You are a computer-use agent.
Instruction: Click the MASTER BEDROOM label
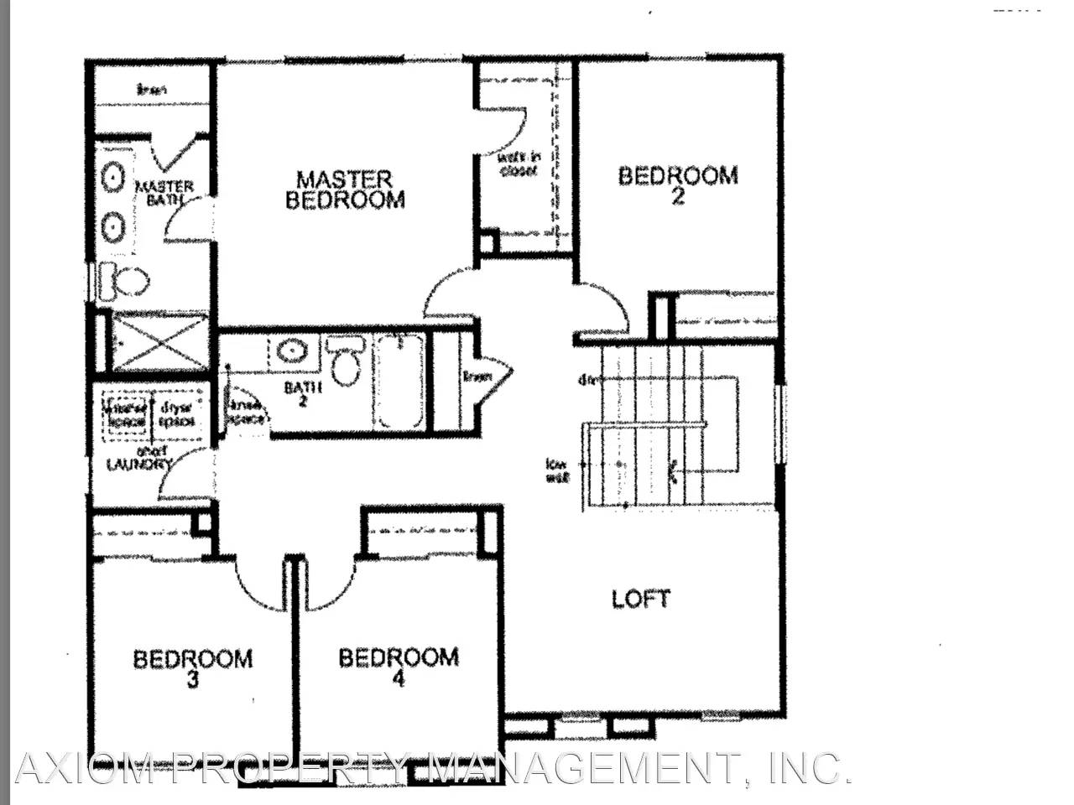(345, 190)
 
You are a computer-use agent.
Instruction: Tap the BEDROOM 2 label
(678, 184)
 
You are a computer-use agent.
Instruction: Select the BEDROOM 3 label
(192, 667)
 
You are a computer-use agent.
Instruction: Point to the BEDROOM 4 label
(399, 667)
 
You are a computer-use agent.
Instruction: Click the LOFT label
(641, 599)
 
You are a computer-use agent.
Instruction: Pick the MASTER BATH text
(164, 193)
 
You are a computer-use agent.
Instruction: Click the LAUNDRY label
(139, 464)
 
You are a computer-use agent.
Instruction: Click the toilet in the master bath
(123, 281)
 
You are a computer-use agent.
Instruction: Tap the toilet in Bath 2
(345, 361)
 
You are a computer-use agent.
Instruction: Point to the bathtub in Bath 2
(399, 382)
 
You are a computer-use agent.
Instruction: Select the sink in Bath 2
(293, 351)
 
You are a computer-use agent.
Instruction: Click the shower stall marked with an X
(159, 342)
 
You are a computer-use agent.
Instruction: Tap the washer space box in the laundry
(126, 415)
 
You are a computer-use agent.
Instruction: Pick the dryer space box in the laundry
(178, 415)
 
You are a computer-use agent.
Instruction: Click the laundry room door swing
(180, 474)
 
